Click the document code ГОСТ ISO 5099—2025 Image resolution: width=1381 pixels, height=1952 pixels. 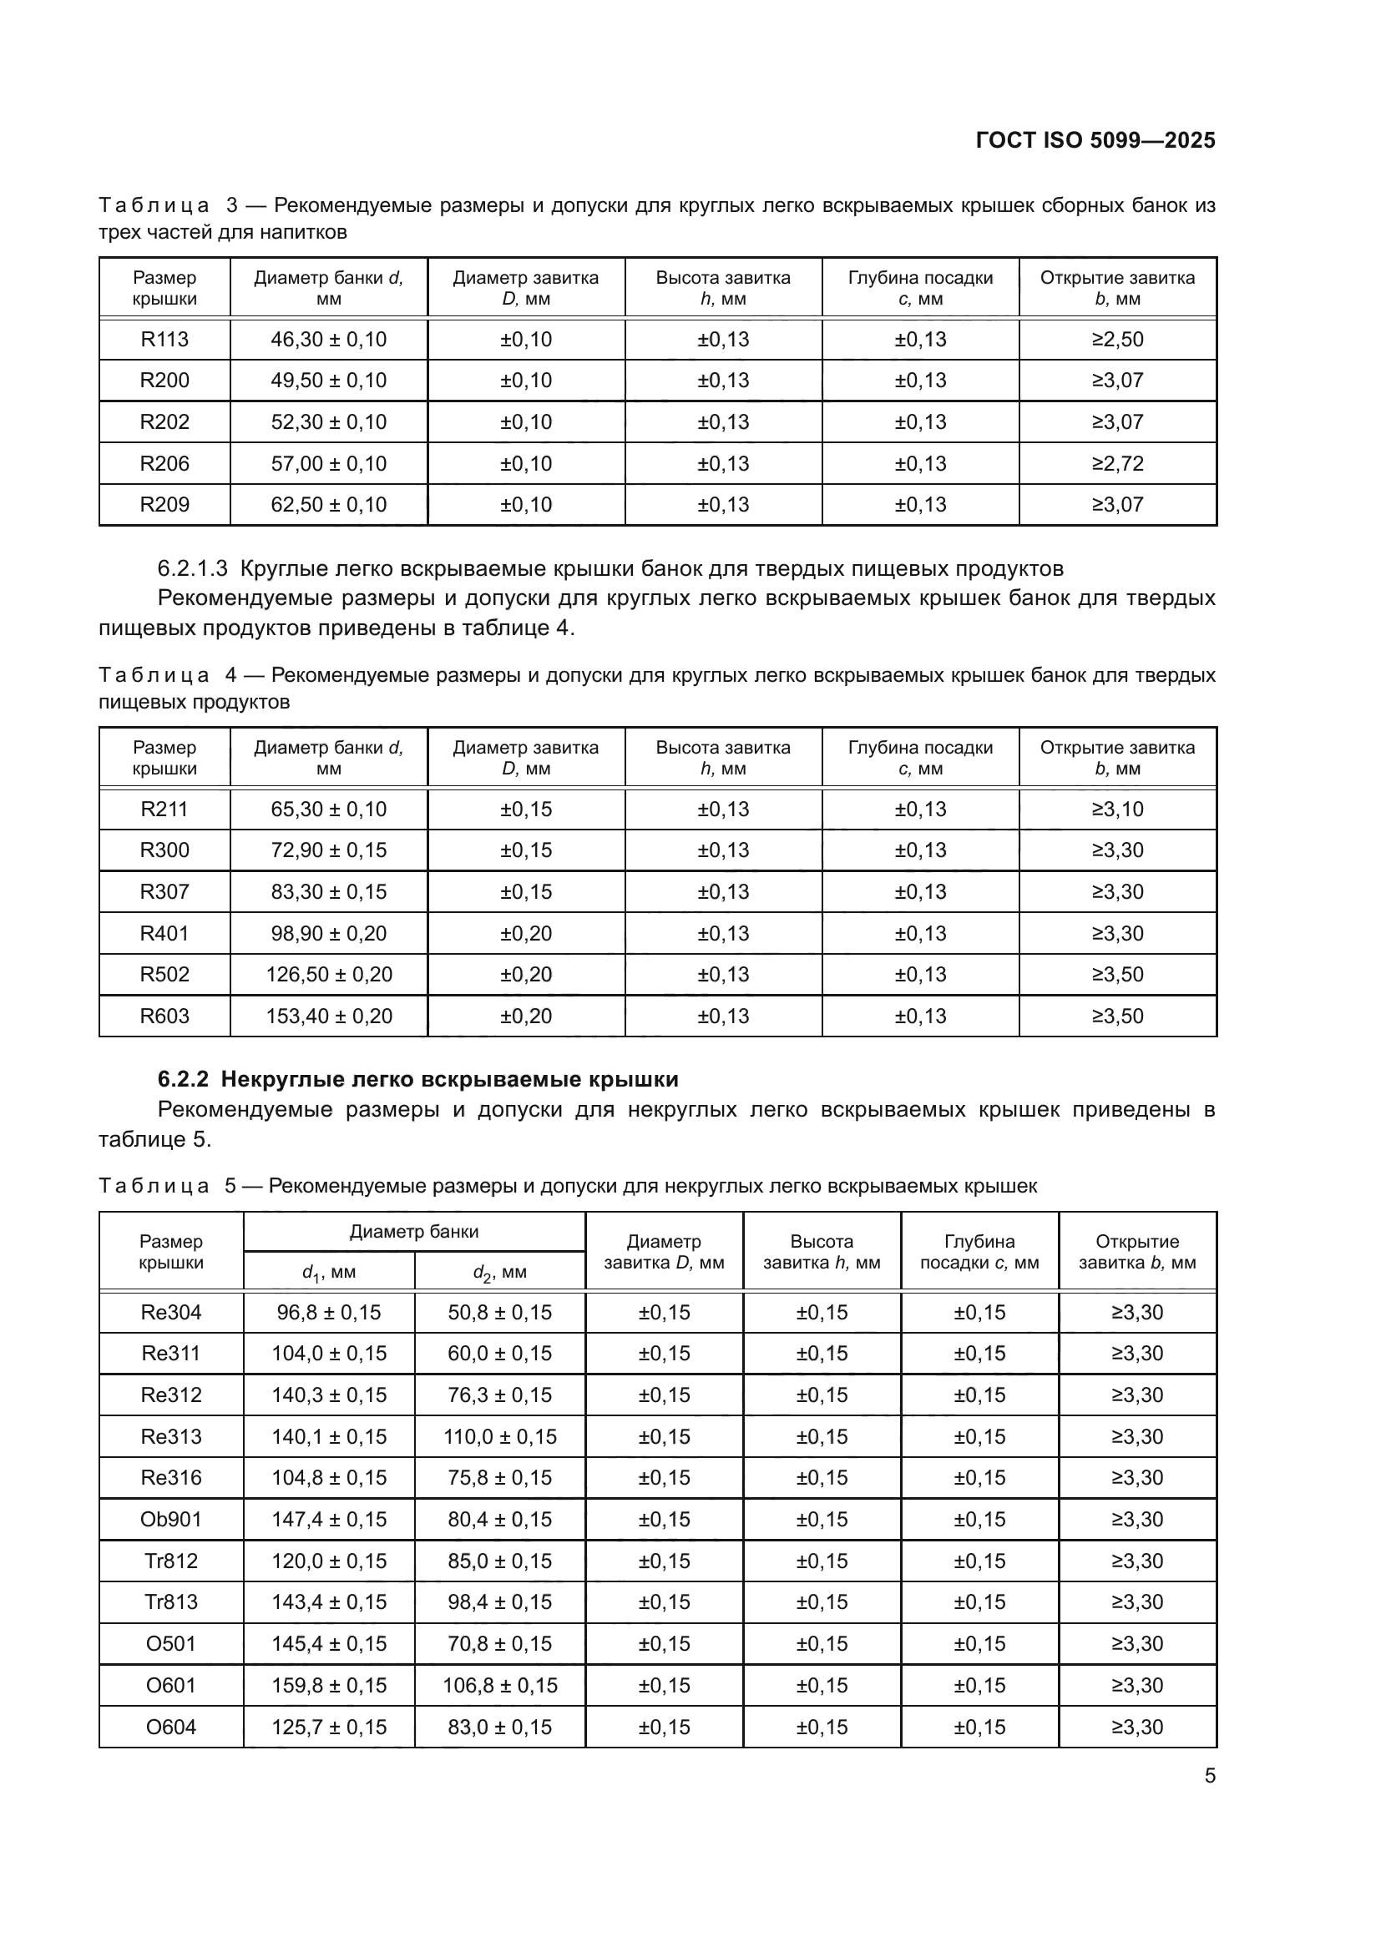pos(1095,140)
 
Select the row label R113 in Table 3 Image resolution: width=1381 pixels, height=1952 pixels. pos(164,339)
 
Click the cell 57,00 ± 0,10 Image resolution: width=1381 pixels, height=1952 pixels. pos(328,463)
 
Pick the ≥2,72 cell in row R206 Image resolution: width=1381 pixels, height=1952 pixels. pos(1116,463)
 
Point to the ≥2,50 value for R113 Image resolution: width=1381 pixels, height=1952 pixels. pos(1116,339)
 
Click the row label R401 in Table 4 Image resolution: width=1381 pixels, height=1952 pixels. pos(164,933)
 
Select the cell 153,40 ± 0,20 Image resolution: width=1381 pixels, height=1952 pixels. pos(328,1015)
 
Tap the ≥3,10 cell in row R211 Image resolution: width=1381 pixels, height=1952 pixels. pos(1116,809)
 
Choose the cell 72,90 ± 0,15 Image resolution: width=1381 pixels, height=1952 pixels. pos(328,850)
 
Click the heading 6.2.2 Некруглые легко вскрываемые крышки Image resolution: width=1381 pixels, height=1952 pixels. pos(417,1079)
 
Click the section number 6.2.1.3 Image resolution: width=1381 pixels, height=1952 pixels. pos(192,568)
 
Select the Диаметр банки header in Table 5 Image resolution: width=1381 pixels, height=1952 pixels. pos(414,1231)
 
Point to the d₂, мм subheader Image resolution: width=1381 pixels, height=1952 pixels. pos(499,1273)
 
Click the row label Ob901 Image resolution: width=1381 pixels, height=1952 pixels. pos(171,1518)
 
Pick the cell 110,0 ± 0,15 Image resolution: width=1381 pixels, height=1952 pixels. pos(499,1436)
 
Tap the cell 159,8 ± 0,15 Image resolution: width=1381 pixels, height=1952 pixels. pos(328,1684)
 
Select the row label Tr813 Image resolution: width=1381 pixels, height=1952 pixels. pos(171,1601)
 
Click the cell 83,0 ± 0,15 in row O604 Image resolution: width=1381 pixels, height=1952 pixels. pos(499,1726)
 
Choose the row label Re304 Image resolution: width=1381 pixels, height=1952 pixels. pos(171,1312)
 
